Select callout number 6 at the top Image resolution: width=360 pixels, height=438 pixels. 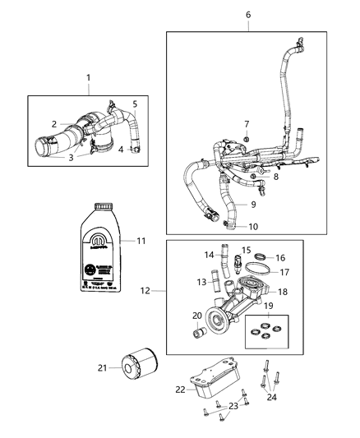(248, 15)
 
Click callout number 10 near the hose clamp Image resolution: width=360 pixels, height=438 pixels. (254, 226)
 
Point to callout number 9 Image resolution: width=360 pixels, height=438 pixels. (254, 204)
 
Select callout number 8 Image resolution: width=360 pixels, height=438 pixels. (253, 176)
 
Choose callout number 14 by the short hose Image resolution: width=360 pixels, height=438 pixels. (208, 256)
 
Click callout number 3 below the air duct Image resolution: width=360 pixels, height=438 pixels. (70, 157)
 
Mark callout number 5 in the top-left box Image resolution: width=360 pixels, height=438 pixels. (136, 104)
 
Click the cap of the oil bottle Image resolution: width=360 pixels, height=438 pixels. (102, 209)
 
